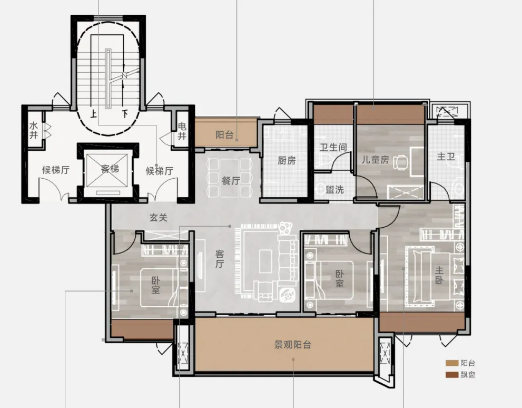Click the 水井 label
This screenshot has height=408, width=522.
tap(33, 130)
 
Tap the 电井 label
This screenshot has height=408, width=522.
tap(182, 131)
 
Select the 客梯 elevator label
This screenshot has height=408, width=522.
tap(110, 169)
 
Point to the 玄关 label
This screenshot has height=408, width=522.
tap(158, 218)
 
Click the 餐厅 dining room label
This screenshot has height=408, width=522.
tap(231, 180)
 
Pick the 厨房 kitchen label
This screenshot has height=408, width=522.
tap(287, 161)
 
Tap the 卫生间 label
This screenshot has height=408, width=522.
tap(333, 147)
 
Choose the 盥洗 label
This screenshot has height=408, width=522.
tap(334, 190)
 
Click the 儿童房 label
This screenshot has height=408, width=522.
tap(376, 160)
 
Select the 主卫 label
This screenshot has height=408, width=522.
tap(446, 156)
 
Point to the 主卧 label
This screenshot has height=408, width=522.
tap(439, 275)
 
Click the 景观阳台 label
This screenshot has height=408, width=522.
tap(293, 345)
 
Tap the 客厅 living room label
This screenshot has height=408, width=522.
tap(219, 259)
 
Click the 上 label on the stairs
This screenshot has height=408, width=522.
tap(94, 114)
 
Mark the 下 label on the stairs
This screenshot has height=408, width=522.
tap(125, 114)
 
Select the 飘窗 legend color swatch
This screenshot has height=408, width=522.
tap(452, 375)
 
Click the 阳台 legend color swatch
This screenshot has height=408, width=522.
tap(452, 363)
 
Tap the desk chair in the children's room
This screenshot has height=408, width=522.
tap(401, 162)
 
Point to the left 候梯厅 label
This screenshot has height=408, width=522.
tap(56, 170)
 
